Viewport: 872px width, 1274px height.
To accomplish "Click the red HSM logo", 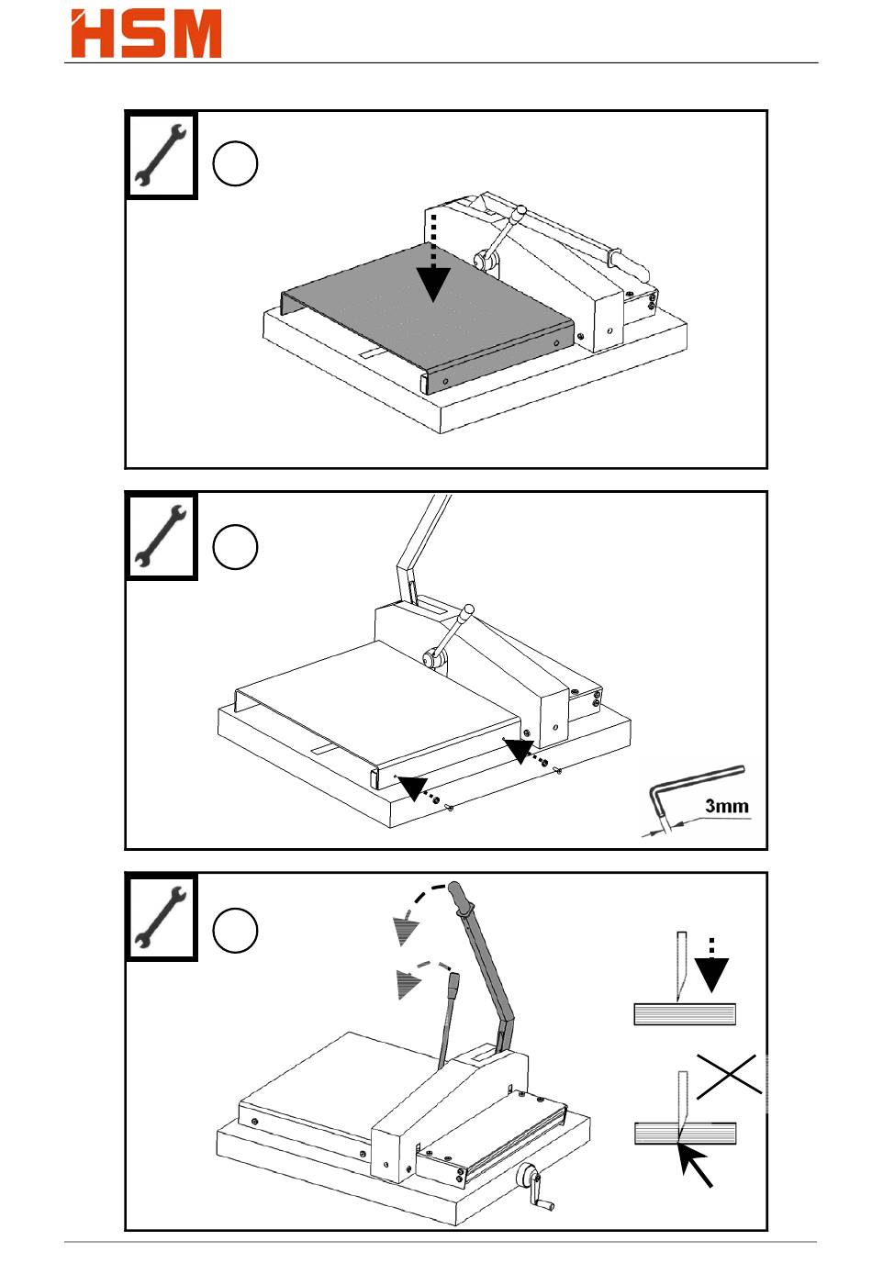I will [146, 34].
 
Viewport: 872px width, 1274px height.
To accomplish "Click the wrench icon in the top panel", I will [161, 156].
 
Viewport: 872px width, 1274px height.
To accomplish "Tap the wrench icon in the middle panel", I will [161, 537].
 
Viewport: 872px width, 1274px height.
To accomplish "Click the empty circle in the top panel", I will [235, 164].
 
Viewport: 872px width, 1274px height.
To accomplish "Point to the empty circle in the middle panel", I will [235, 548].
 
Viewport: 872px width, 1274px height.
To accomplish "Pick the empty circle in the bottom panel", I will [235, 931].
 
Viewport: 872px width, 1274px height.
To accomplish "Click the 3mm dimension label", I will [726, 807].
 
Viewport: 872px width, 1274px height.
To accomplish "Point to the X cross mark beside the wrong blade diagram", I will [729, 1075].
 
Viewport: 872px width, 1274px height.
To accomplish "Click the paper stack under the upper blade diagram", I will [685, 1014].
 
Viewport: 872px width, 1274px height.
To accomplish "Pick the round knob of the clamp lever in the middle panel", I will [469, 609].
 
